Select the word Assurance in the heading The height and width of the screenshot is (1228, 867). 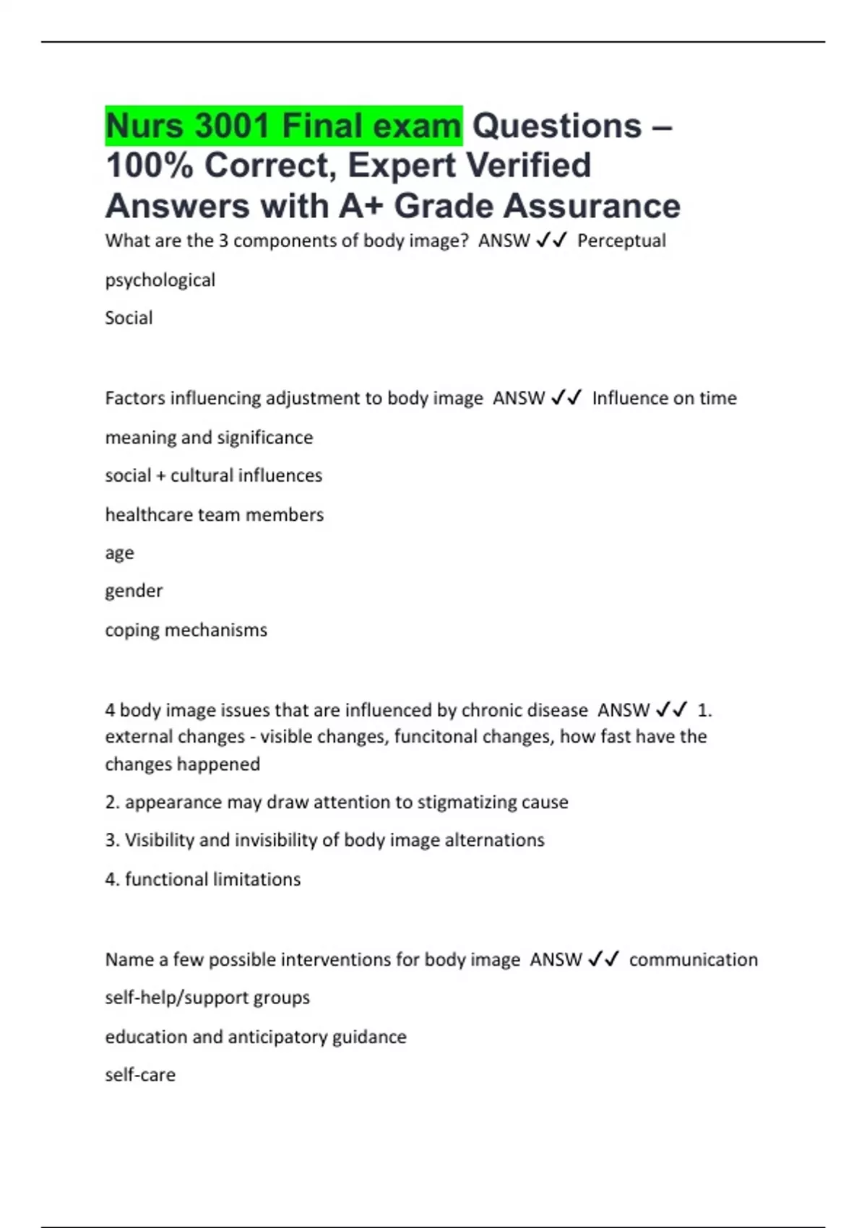click(592, 206)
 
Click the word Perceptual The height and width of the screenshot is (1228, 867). click(621, 241)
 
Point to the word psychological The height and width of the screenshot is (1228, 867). click(160, 280)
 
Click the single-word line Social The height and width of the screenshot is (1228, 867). click(129, 318)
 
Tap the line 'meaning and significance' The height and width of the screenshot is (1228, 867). click(209, 438)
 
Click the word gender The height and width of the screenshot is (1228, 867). click(134, 591)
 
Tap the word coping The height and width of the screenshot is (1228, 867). click(132, 631)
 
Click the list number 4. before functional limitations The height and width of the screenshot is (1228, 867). click(112, 879)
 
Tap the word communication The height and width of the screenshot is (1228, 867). click(693, 959)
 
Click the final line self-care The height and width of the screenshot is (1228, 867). click(140, 1075)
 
